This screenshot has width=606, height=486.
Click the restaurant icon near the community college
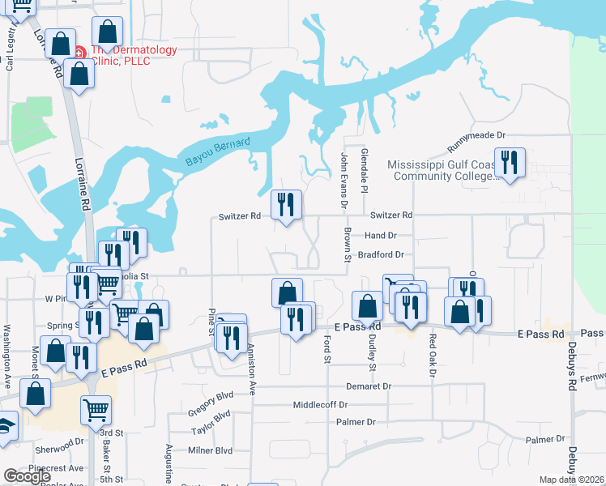[x=510, y=163]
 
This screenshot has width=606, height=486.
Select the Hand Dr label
[x=380, y=235]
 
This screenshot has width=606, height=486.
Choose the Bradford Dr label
[x=380, y=254]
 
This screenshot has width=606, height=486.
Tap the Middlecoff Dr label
[x=320, y=404]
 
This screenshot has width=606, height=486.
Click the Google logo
[x=28, y=476]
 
